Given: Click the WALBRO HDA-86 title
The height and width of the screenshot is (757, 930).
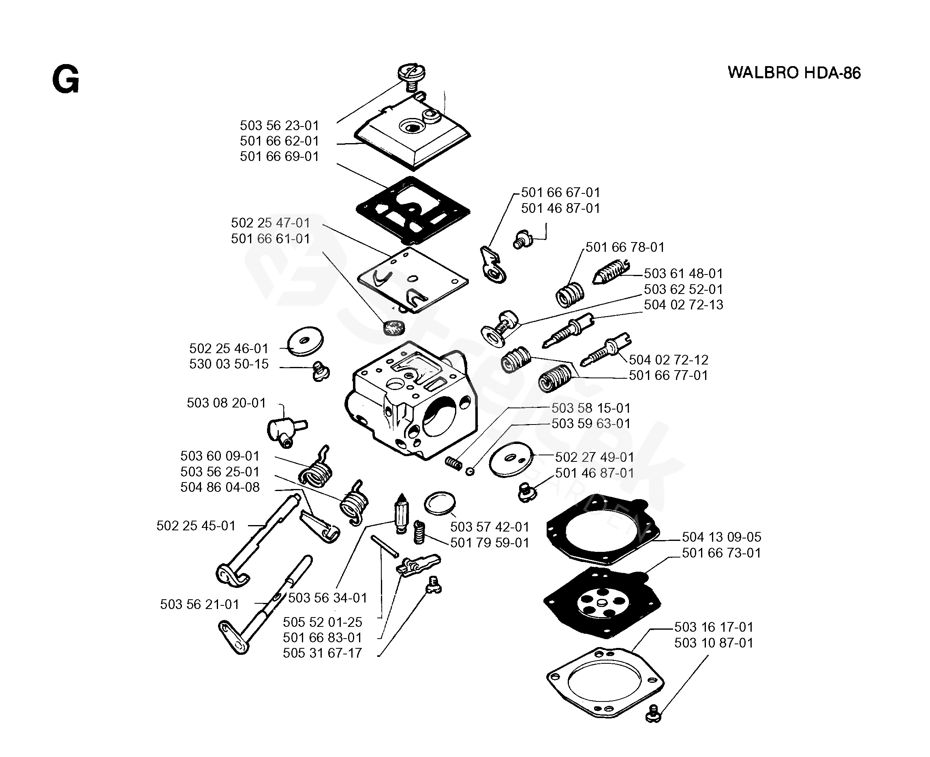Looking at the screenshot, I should tap(794, 73).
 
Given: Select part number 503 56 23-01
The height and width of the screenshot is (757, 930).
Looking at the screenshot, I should tap(279, 126).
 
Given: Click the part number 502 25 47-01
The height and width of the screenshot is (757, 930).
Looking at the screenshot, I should tap(270, 223).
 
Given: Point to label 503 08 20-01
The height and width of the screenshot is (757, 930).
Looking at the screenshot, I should tap(226, 403).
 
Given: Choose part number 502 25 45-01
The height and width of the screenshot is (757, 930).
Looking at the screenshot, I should tap(196, 525).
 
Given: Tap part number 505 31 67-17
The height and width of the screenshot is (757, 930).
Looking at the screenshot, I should tap(322, 653).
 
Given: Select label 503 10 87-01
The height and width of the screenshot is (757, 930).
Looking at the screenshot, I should tap(714, 642).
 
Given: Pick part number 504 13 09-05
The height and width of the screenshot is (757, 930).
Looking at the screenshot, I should tap(721, 537).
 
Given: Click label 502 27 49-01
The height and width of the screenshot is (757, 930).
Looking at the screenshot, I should tap(594, 457).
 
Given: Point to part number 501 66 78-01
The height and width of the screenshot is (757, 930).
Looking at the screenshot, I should tap(624, 247).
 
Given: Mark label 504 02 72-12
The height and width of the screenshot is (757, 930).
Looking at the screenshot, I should tap(668, 360).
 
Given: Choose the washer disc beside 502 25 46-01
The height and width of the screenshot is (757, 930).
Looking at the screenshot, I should tap(306, 341).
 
